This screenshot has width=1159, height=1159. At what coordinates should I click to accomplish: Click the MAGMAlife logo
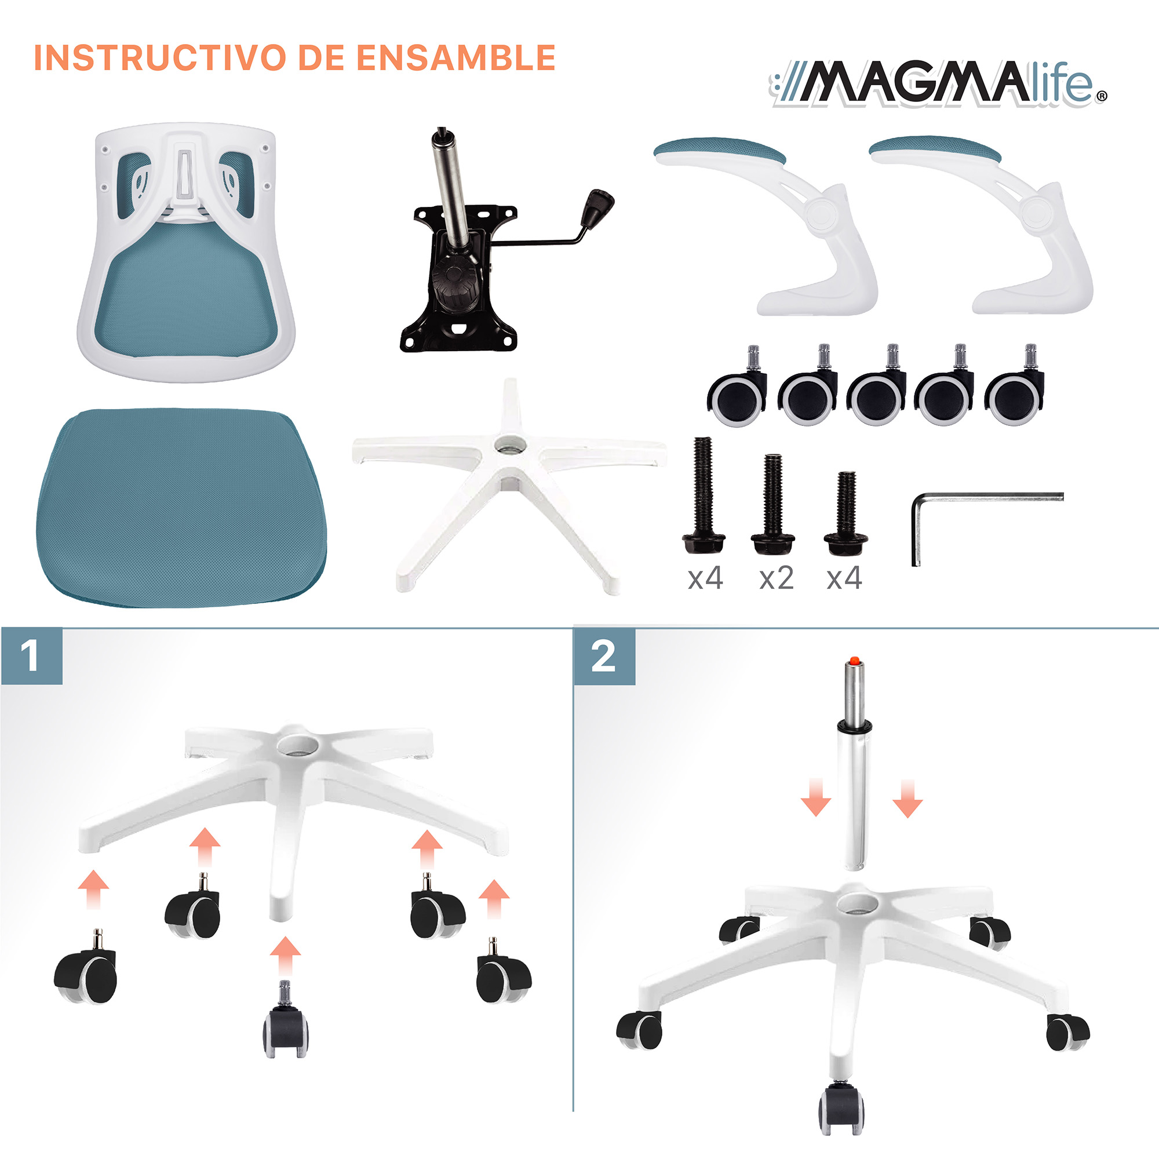[939, 84]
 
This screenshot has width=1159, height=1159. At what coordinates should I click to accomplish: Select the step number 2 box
[604, 657]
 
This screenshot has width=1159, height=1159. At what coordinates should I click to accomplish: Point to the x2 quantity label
[777, 578]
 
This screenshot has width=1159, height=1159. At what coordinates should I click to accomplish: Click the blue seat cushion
[182, 507]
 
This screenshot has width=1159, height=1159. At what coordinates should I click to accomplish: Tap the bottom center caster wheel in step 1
[286, 1027]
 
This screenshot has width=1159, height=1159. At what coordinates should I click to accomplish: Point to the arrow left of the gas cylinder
[816, 799]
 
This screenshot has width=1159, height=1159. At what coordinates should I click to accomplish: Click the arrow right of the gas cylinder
[907, 799]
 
